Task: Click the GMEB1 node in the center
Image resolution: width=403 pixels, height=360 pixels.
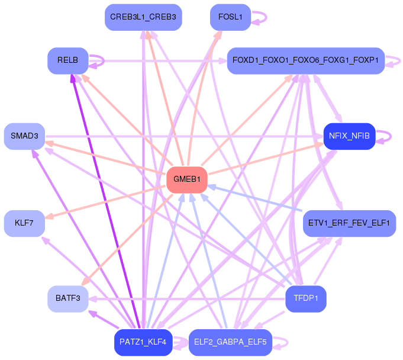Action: click(x=187, y=180)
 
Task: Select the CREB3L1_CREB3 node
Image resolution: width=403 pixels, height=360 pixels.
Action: click(x=143, y=17)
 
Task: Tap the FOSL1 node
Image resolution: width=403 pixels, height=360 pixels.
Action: click(x=230, y=17)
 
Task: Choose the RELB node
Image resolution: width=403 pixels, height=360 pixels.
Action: click(x=68, y=60)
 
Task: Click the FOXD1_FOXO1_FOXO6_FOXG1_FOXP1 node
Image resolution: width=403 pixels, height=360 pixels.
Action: click(x=306, y=60)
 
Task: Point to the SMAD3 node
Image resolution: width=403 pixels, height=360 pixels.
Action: click(x=24, y=136)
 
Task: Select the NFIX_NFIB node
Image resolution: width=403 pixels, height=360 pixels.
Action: click(x=349, y=136)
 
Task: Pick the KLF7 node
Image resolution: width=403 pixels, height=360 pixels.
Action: click(x=24, y=223)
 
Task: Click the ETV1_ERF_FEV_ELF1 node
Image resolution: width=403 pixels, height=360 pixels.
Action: click(x=349, y=223)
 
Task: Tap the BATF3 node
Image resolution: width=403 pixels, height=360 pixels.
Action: click(x=68, y=299)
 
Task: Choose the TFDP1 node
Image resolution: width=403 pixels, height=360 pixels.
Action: click(x=306, y=299)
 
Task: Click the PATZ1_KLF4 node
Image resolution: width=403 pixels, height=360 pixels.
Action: click(x=143, y=342)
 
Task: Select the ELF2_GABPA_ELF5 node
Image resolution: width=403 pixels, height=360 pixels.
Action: click(x=230, y=342)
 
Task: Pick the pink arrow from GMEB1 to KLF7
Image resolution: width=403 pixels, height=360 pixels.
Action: click(x=106, y=202)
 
